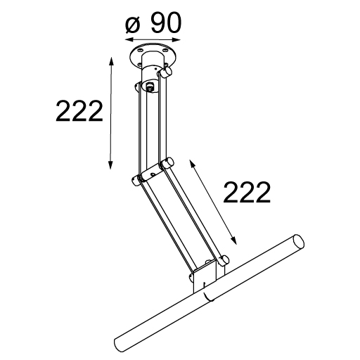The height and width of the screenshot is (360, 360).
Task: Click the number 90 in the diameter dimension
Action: pyautogui.click(x=166, y=22)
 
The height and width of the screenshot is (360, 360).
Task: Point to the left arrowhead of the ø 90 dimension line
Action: pyautogui.click(x=129, y=39)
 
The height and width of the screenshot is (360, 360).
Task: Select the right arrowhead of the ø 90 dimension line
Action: pyautogui.click(x=176, y=40)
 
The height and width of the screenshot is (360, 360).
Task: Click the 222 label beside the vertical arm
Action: pyautogui.click(x=79, y=111)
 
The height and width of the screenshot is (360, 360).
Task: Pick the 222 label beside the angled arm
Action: pyautogui.click(x=247, y=192)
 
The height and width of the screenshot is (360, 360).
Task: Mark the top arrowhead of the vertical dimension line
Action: pyautogui.click(x=112, y=61)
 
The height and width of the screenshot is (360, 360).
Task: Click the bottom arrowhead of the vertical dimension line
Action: pyautogui.click(x=110, y=165)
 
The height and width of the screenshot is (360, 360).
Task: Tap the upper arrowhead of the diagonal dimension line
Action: pyautogui.click(x=192, y=164)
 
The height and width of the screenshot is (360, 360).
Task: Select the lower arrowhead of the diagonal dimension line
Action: pyautogui.click(x=233, y=240)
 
